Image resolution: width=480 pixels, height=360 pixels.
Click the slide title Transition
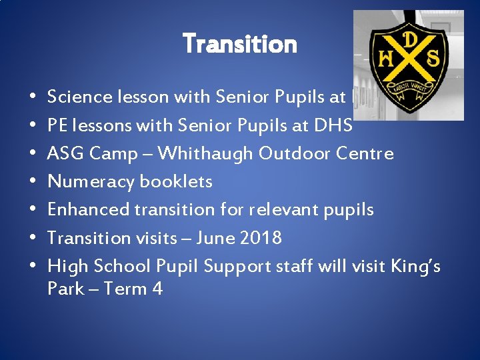[240, 44]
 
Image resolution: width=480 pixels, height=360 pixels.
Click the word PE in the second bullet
[58, 125]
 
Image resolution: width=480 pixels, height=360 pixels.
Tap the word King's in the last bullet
[416, 267]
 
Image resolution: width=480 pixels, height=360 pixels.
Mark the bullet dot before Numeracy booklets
[33, 182]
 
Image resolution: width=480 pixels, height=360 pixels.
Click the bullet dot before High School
[33, 267]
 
